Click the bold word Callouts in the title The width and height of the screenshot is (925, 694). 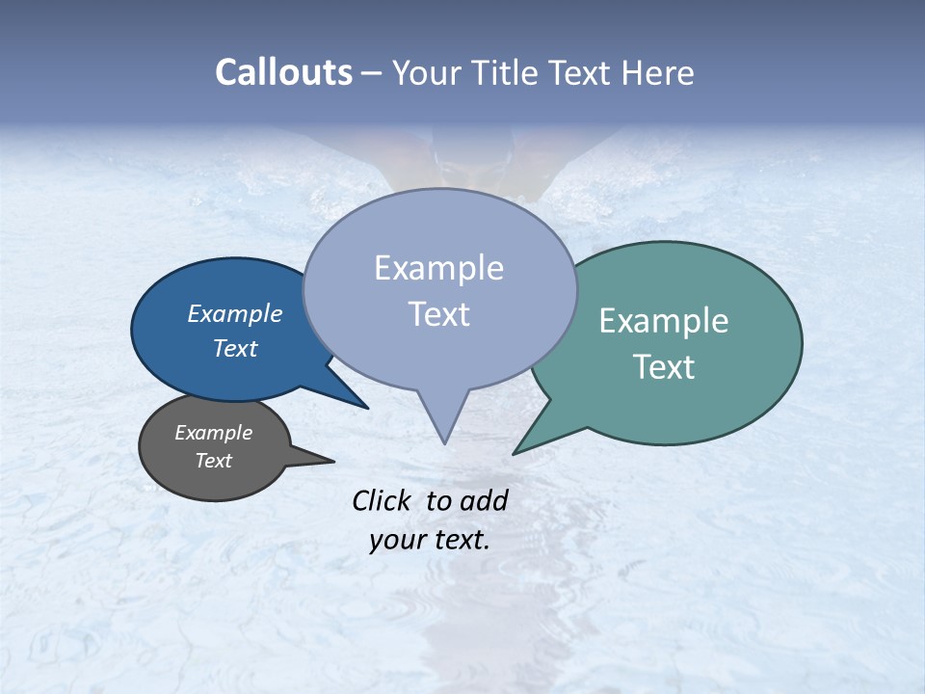[283, 72]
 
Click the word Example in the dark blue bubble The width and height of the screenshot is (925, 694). [235, 313]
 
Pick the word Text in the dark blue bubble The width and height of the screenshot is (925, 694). [235, 348]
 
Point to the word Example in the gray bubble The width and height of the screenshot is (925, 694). [214, 433]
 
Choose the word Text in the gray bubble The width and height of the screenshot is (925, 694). [214, 461]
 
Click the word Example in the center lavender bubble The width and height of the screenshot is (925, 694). [439, 268]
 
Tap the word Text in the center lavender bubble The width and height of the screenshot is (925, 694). [439, 314]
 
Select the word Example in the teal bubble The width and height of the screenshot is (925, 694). [664, 321]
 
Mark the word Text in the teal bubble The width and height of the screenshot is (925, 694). [664, 367]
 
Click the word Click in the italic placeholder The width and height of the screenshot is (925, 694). [382, 500]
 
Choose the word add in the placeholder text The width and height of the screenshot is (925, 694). [484, 500]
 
